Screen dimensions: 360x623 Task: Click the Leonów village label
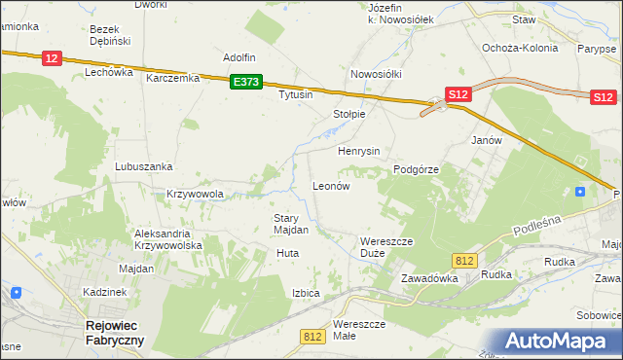330,185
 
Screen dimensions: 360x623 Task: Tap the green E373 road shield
246,83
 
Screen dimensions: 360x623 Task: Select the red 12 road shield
54,59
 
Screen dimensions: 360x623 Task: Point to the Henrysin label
358,152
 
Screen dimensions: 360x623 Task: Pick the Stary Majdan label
291,224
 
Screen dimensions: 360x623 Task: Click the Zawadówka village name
429,278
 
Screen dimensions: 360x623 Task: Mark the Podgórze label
417,169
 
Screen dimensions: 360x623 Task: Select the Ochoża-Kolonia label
520,47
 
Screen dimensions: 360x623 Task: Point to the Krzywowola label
196,194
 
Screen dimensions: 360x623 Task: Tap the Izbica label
306,292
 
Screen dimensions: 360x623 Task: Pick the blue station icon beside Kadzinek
16,292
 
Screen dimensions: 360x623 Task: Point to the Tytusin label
295,95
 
